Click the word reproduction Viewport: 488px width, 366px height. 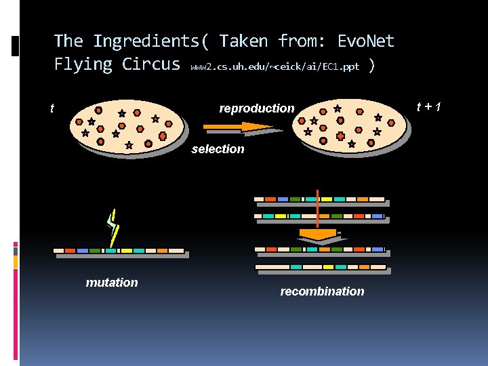coord(257,108)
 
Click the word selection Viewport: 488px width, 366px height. coord(218,149)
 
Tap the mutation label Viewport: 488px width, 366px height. coord(112,283)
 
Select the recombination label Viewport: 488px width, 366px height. coord(322,291)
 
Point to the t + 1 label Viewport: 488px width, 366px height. coord(429,106)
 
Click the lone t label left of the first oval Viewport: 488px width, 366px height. coord(52,108)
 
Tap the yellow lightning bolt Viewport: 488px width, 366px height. coord(113,226)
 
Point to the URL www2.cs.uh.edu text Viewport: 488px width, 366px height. coord(275,67)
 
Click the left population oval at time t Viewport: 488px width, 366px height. coord(126,127)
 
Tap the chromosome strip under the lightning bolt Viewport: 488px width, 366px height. coord(119,251)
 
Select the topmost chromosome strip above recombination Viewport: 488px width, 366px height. coord(319,200)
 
